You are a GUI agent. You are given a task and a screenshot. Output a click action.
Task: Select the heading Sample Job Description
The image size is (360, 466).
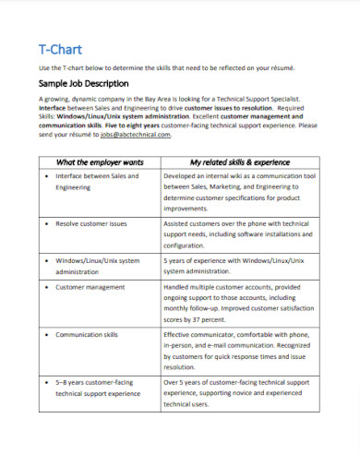[x=82, y=82]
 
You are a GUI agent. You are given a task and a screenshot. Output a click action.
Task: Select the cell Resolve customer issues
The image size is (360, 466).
[x=90, y=224]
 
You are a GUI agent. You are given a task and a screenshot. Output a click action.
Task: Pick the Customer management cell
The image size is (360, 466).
[x=90, y=287]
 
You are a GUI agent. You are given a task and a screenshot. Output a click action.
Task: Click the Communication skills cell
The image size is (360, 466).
[x=87, y=335]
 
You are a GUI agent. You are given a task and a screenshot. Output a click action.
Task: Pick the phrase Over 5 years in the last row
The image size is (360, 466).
[x=185, y=380]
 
